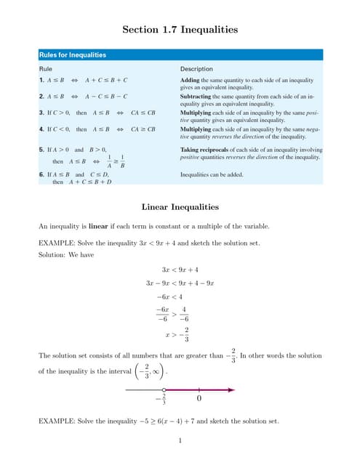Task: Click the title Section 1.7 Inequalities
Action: point(180,30)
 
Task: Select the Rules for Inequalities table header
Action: point(73,54)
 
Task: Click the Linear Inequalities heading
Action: point(180,207)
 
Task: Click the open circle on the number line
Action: point(164,390)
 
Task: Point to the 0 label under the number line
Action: point(198,399)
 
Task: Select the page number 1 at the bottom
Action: point(180,440)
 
